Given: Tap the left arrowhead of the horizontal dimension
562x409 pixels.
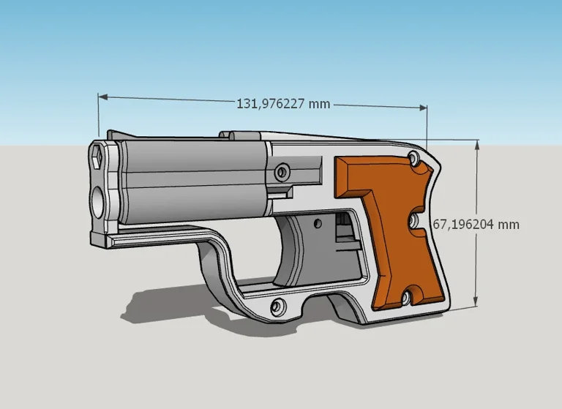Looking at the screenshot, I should point(103,97).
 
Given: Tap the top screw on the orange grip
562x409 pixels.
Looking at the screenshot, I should point(415,158).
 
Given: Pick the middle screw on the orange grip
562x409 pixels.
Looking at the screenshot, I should point(413,219).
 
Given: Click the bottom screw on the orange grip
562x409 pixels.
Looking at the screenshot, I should point(404,298).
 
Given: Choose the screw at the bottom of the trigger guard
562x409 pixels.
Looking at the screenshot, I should point(278,306).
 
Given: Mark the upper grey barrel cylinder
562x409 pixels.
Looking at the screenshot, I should point(190,162).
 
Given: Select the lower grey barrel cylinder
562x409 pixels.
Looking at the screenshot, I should point(190,200).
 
